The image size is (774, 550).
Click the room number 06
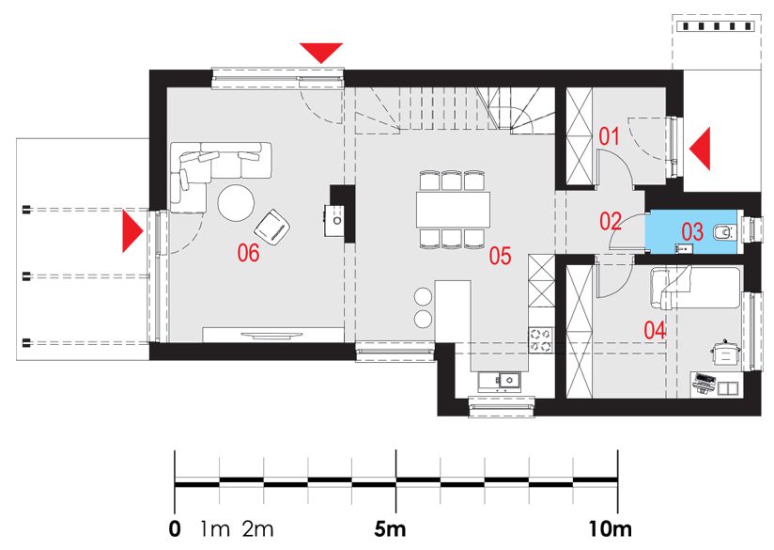coord(248,253)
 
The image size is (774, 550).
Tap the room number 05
coord(500,256)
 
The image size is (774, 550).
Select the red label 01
coord(609,136)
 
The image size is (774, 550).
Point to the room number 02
coord(611,221)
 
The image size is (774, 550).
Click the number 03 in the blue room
coord(692,231)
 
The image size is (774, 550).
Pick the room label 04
coord(655,330)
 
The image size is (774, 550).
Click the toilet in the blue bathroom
coord(724,231)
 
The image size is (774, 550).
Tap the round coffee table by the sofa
coord(237,202)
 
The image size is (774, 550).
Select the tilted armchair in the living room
coord(272,227)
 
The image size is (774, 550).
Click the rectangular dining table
coord(453,210)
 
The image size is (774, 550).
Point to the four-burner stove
coord(541,340)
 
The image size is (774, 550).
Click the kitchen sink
coord(499,381)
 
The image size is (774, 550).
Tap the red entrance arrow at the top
coord(321,53)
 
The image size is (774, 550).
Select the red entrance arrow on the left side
coord(132,231)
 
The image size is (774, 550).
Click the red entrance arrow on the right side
coord(700,149)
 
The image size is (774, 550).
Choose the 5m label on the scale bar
coord(390,529)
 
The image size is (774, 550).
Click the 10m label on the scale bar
coord(611,529)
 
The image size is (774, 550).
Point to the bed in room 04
coord(695,288)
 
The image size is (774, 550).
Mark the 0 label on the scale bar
coord(175,529)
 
